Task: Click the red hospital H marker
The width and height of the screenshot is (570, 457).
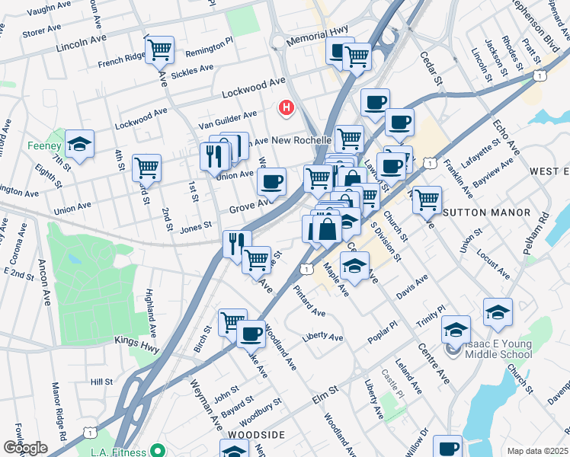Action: (287, 109)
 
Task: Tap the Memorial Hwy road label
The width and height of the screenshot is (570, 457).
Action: (317, 35)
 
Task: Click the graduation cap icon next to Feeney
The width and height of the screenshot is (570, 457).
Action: (78, 143)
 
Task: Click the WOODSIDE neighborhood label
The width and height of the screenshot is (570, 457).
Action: (256, 434)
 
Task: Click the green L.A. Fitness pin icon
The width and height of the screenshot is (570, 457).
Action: (158, 450)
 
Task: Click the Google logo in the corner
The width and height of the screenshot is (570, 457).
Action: (25, 448)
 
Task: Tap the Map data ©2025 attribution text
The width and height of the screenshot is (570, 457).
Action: (536, 451)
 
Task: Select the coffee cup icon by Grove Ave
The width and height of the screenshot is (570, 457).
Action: (271, 182)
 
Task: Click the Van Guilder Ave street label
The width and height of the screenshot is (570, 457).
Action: (227, 118)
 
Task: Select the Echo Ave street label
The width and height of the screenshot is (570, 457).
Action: (505, 137)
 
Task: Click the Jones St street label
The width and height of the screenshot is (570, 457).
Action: (196, 225)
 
